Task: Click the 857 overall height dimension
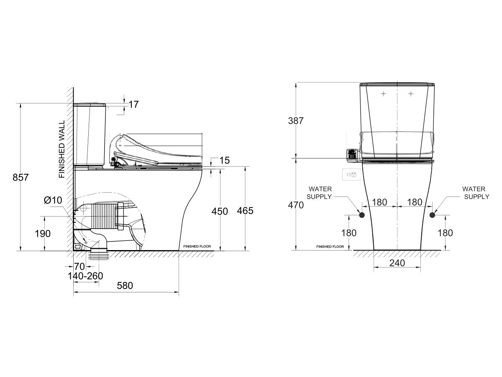(20, 177)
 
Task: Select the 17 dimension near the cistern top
(133, 105)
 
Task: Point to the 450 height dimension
(220, 211)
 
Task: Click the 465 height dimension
(245, 211)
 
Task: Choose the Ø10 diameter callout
(53, 201)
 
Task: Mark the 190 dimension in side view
(42, 233)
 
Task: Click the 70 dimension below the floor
(79, 266)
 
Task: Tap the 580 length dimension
(125, 286)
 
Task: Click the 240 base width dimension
(397, 263)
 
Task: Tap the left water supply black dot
(362, 215)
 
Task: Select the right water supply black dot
(432, 215)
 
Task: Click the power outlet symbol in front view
(351, 174)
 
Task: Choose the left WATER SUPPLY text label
(320, 193)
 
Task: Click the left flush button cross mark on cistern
(383, 94)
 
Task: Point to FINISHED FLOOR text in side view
(200, 247)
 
